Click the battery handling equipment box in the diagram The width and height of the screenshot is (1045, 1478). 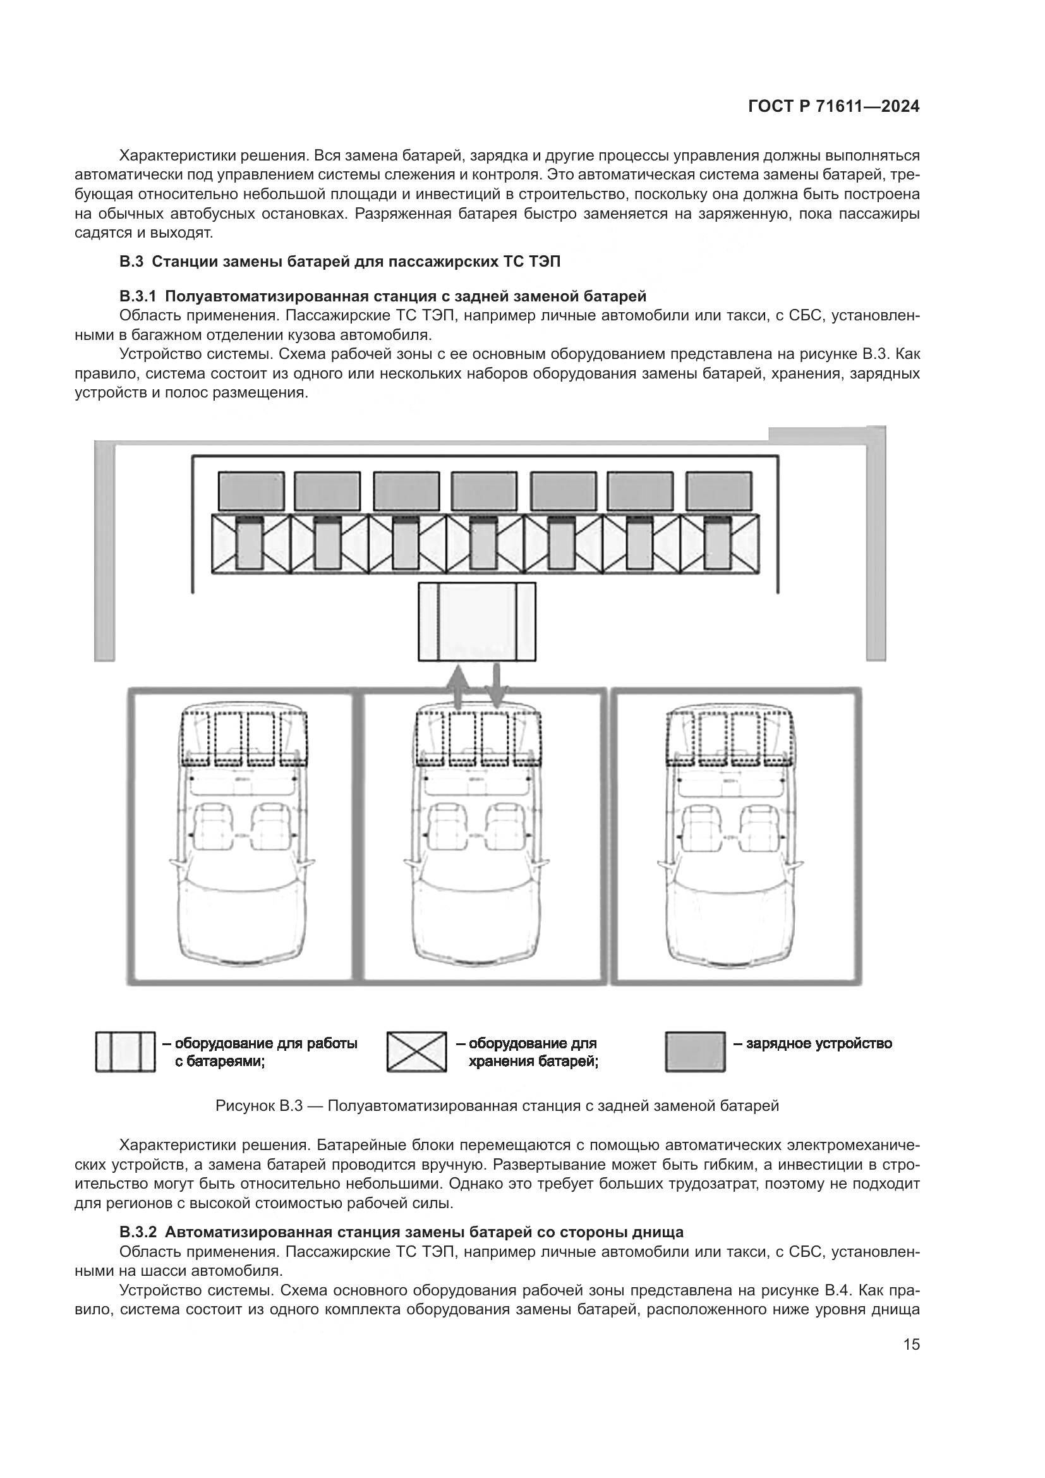tap(477, 621)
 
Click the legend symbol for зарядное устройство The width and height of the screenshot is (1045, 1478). tap(695, 1052)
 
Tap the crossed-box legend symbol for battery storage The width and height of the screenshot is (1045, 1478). tap(416, 1052)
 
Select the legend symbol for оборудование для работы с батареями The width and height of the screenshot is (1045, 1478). tap(126, 1052)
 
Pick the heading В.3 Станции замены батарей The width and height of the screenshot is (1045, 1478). tap(340, 262)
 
